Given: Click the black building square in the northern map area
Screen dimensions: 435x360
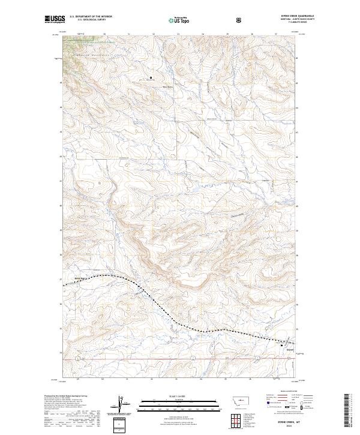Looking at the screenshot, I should tap(151, 77).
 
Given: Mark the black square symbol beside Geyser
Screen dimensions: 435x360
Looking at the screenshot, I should tap(282, 346).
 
